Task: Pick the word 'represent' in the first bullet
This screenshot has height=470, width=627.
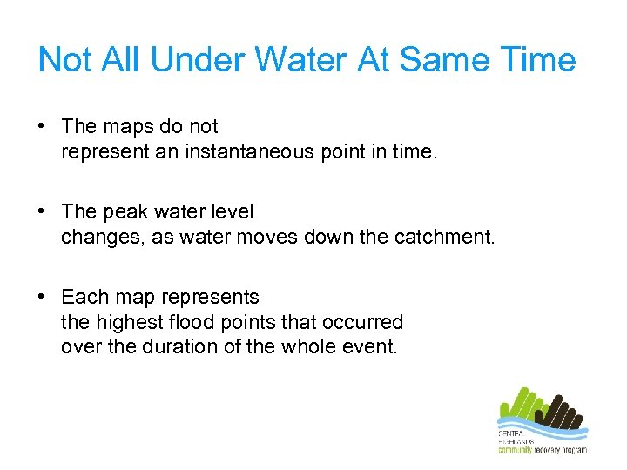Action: pyautogui.click(x=98, y=151)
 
